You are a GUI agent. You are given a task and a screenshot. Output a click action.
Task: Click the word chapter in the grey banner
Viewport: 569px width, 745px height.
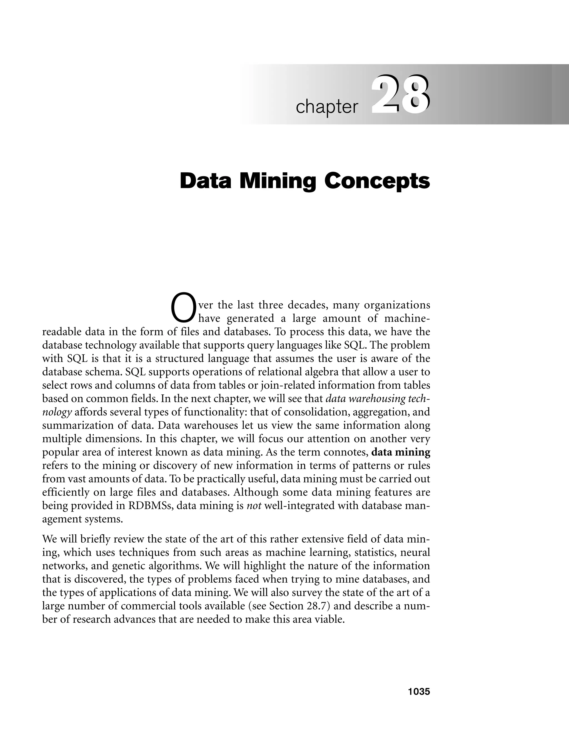(x=327, y=107)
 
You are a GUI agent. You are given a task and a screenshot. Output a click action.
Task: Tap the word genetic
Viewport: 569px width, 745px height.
(x=128, y=566)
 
